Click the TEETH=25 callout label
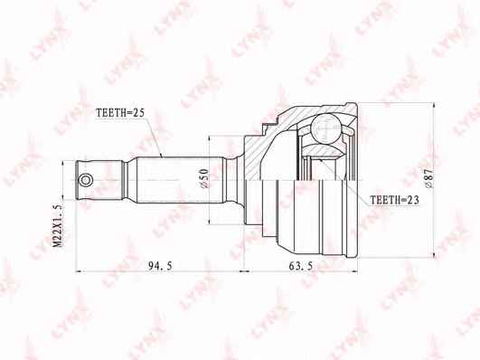pos(120,113)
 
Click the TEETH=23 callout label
pos(394,200)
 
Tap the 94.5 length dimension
pos(160,266)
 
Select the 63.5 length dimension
pos(301,266)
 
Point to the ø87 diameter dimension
pos(430,178)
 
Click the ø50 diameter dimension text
pos(204,178)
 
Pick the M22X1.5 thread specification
pos(58,226)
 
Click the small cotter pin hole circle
pos(85,180)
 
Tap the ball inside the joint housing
pos(326,128)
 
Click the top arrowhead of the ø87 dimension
pos(434,106)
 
